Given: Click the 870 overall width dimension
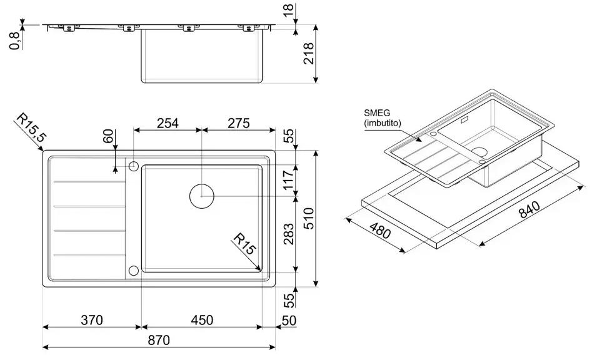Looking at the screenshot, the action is (x=159, y=340).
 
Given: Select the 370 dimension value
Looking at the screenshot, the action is (x=91, y=320).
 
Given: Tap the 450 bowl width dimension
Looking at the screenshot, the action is (x=202, y=320).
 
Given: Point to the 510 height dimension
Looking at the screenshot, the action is (x=308, y=218).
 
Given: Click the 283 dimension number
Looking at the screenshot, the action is (x=288, y=234).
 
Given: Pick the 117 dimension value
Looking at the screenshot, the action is (x=288, y=180).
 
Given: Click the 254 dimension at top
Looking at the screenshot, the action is (x=168, y=123).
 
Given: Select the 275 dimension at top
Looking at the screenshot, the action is (x=239, y=123).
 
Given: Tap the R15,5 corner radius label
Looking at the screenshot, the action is (x=30, y=128).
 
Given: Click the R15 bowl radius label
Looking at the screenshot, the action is (x=244, y=244).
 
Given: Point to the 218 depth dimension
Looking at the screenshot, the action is (x=308, y=54).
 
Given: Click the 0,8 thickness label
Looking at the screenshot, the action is (x=15, y=41).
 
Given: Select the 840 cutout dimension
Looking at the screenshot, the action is (x=529, y=209).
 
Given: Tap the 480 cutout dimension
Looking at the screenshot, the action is (x=380, y=231).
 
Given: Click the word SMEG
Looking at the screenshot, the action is (x=377, y=112).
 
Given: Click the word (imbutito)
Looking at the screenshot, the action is (x=383, y=122).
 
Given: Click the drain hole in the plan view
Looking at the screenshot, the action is (x=202, y=196).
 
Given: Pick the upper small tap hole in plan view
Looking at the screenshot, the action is (x=133, y=166).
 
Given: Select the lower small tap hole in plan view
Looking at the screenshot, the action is (x=133, y=270).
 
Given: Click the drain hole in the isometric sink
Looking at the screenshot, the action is (x=479, y=152).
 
